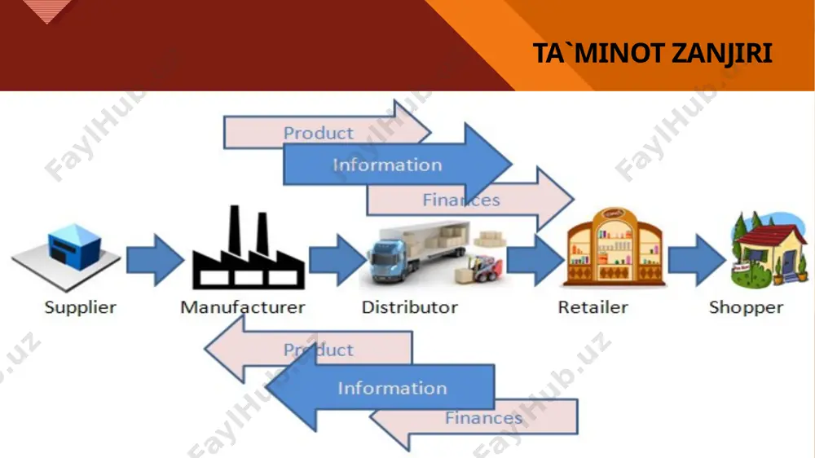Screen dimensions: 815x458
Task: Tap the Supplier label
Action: click(x=80, y=307)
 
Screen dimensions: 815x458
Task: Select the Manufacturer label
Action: click(x=243, y=307)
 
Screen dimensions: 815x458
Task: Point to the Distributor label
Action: click(x=410, y=307)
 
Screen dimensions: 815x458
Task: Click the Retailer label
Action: click(x=593, y=307)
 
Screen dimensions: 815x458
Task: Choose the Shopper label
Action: click(x=746, y=307)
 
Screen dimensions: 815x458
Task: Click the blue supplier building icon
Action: click(x=74, y=247)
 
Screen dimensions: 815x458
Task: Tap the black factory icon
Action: click(x=249, y=248)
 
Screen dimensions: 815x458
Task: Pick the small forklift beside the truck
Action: click(x=479, y=268)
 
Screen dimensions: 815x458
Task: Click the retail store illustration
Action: click(x=614, y=247)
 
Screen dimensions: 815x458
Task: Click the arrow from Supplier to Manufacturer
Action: click(x=155, y=260)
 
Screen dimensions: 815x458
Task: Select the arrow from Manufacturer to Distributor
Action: click(x=338, y=260)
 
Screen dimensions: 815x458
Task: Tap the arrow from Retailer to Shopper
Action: click(x=697, y=260)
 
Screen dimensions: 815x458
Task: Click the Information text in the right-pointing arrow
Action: click(x=387, y=165)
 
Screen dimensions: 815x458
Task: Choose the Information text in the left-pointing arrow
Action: click(x=392, y=388)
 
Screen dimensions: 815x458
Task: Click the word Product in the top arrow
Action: click(x=318, y=133)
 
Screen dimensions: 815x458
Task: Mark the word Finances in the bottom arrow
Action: click(x=483, y=417)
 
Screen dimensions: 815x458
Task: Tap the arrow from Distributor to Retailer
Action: click(x=535, y=260)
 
